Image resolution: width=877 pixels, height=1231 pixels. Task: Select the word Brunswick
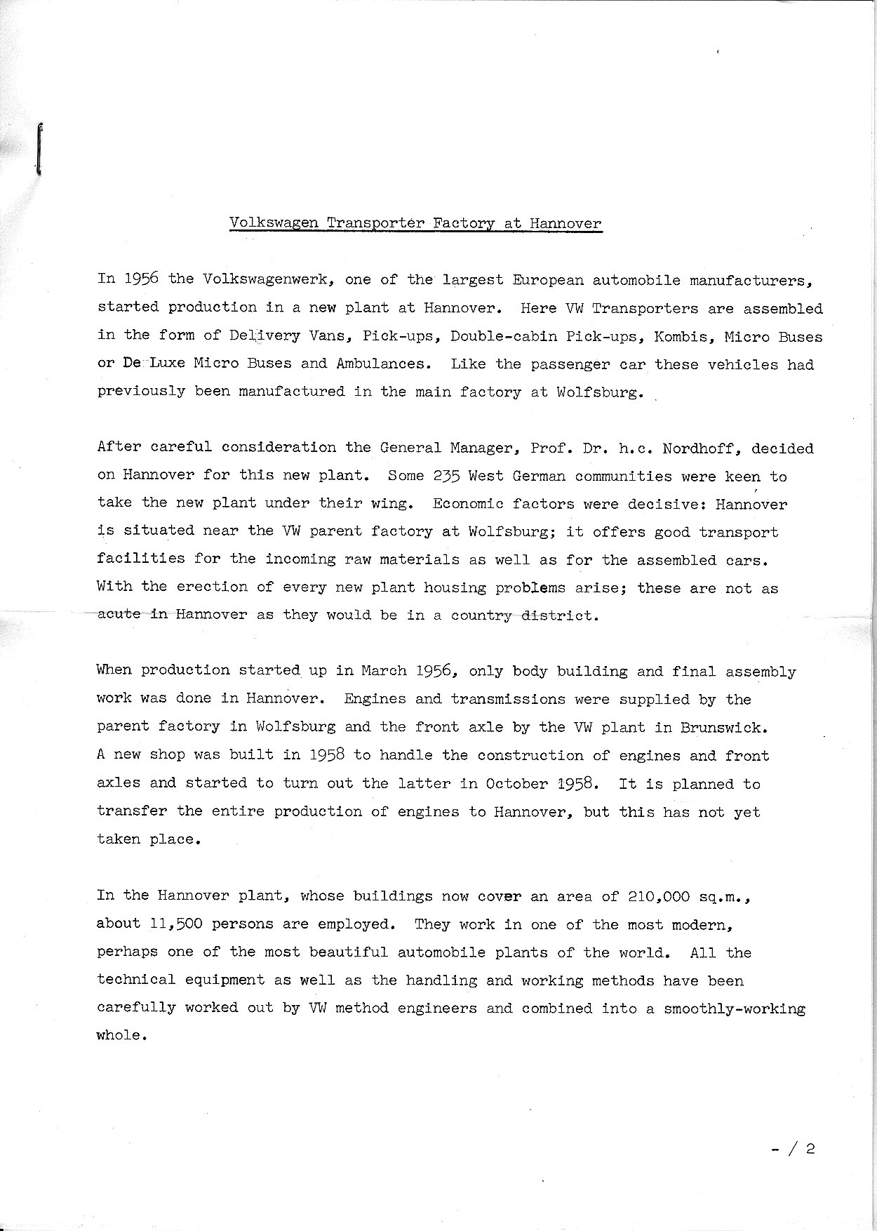[721, 727]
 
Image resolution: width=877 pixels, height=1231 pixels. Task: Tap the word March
[384, 670]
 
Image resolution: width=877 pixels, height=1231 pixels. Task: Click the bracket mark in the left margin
[39, 148]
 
